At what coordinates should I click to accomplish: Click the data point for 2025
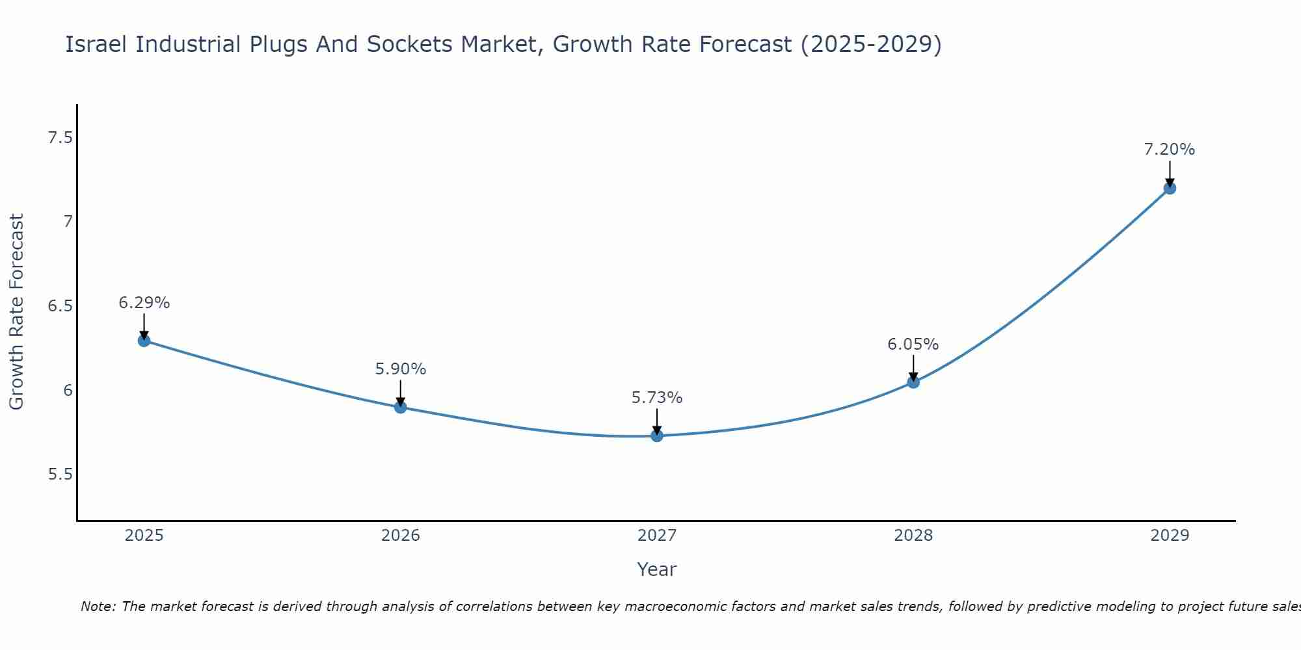tap(144, 341)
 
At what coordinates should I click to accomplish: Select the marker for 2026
tap(401, 408)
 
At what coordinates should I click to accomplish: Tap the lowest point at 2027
tap(657, 435)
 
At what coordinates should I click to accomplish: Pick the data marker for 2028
tap(913, 382)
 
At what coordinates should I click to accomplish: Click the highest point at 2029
tap(1170, 188)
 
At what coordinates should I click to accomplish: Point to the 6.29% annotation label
tap(144, 303)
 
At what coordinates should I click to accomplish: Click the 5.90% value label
tap(401, 369)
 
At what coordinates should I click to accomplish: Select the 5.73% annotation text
tap(657, 398)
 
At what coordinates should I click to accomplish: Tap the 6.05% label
tap(913, 344)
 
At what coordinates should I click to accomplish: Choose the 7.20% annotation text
tap(1170, 149)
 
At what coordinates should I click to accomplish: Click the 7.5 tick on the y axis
tap(60, 138)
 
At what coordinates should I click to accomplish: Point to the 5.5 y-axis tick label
tap(60, 474)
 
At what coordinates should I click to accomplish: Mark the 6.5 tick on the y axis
tap(60, 306)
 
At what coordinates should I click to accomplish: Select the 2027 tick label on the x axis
tap(657, 536)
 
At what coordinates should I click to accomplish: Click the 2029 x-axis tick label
tap(1170, 536)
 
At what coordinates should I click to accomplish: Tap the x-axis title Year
tap(657, 569)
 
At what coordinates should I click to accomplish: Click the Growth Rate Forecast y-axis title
tap(17, 312)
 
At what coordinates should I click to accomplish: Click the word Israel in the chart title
tap(97, 45)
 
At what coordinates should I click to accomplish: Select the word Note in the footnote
tap(97, 606)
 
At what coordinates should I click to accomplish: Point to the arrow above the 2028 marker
tap(913, 368)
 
